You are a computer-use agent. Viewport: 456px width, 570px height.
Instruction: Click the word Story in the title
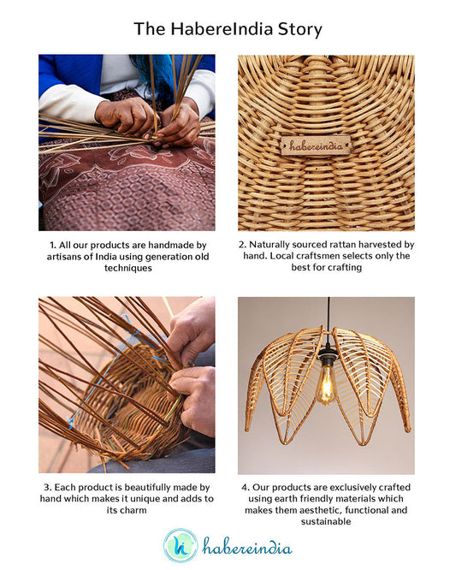click(299, 29)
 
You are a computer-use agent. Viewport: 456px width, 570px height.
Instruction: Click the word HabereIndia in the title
click(222, 29)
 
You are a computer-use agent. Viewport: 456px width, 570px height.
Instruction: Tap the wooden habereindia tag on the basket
click(316, 145)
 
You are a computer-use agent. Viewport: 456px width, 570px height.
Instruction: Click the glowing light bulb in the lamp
click(326, 385)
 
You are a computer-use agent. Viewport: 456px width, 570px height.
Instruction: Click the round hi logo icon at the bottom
click(181, 545)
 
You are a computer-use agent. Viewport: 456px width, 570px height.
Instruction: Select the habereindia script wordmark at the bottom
click(246, 546)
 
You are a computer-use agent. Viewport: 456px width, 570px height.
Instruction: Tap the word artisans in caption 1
click(63, 257)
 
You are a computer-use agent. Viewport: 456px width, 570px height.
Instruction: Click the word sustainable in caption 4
click(326, 522)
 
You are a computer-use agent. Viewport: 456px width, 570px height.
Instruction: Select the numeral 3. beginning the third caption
click(47, 488)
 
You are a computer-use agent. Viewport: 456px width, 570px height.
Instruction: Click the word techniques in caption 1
click(127, 268)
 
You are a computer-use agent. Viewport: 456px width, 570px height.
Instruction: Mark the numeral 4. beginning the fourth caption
click(246, 488)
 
